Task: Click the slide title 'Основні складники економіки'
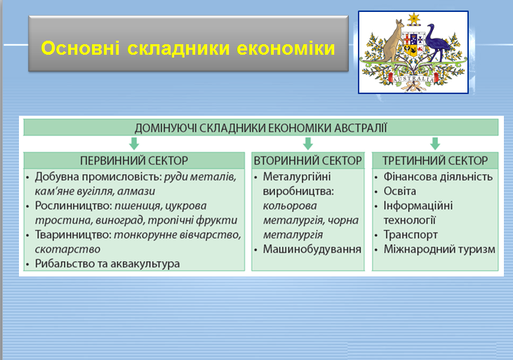pyautogui.click(x=187, y=49)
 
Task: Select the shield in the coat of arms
pyautogui.click(x=413, y=50)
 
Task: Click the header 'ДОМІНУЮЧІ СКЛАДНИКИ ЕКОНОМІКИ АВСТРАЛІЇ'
pyautogui.click(x=260, y=128)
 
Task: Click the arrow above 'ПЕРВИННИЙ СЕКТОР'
pyautogui.click(x=134, y=144)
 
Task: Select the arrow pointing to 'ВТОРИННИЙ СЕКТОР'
pyautogui.click(x=307, y=144)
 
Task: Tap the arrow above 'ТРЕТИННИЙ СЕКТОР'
pyautogui.click(x=434, y=144)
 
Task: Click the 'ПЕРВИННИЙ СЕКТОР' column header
pyautogui.click(x=134, y=160)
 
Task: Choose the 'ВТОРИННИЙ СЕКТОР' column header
pyautogui.click(x=307, y=160)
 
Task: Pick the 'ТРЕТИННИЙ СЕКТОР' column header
pyautogui.click(x=435, y=160)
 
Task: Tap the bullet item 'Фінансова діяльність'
pyautogui.click(x=438, y=176)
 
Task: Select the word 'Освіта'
pyautogui.click(x=400, y=191)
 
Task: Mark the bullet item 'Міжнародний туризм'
pyautogui.click(x=439, y=249)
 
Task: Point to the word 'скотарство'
pyautogui.click(x=67, y=249)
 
